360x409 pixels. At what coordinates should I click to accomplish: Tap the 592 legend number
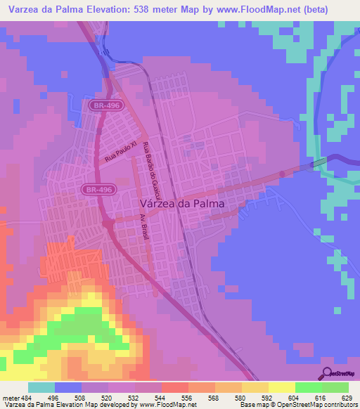259,397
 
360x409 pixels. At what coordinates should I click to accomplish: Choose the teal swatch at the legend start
41,387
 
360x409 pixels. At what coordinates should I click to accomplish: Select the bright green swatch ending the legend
335,387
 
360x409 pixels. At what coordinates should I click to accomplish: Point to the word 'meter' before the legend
9,397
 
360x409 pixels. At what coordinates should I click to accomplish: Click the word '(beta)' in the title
328,10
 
